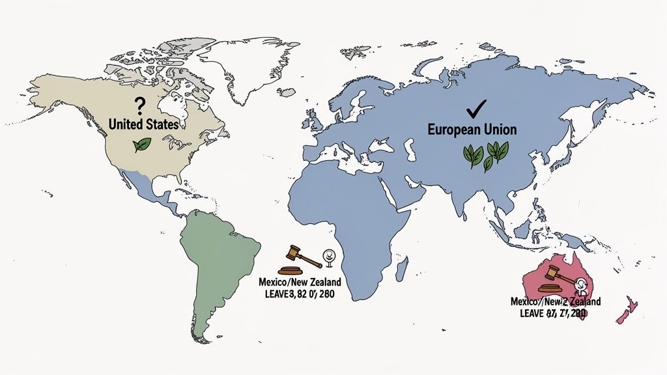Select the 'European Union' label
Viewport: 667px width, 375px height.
coord(472,130)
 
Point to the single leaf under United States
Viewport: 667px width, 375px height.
coord(141,145)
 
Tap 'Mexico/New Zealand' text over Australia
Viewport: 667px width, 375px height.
coord(555,302)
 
